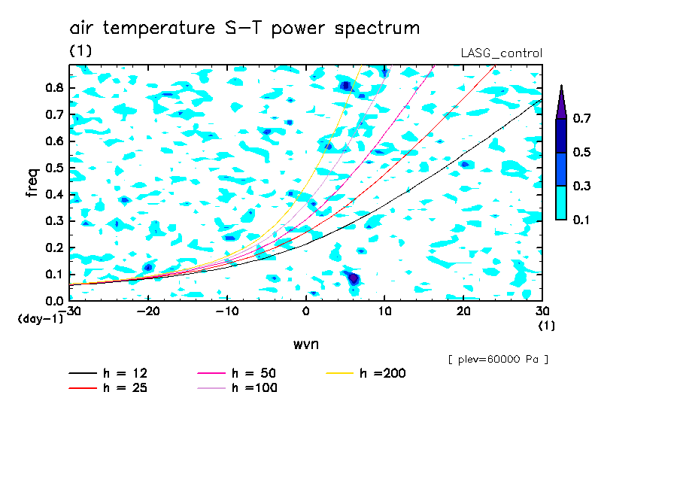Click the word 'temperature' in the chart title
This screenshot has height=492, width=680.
159,29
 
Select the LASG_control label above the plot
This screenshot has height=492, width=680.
501,53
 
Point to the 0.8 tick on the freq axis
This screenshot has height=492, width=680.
54,88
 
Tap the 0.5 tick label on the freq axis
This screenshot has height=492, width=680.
54,168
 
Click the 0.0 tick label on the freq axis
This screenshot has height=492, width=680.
54,301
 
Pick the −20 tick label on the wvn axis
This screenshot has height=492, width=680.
148,311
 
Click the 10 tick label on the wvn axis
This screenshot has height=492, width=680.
384,311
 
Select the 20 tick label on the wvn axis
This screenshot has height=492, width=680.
463,311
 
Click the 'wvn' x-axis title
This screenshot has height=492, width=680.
306,345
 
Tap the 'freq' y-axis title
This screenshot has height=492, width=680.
32,182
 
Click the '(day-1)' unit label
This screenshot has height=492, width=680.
41,319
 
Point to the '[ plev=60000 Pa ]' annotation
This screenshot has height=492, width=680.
498,360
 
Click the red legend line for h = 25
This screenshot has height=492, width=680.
83,388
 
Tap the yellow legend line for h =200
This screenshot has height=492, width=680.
340,373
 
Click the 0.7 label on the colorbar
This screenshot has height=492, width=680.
581,118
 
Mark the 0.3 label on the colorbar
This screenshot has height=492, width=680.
581,186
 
